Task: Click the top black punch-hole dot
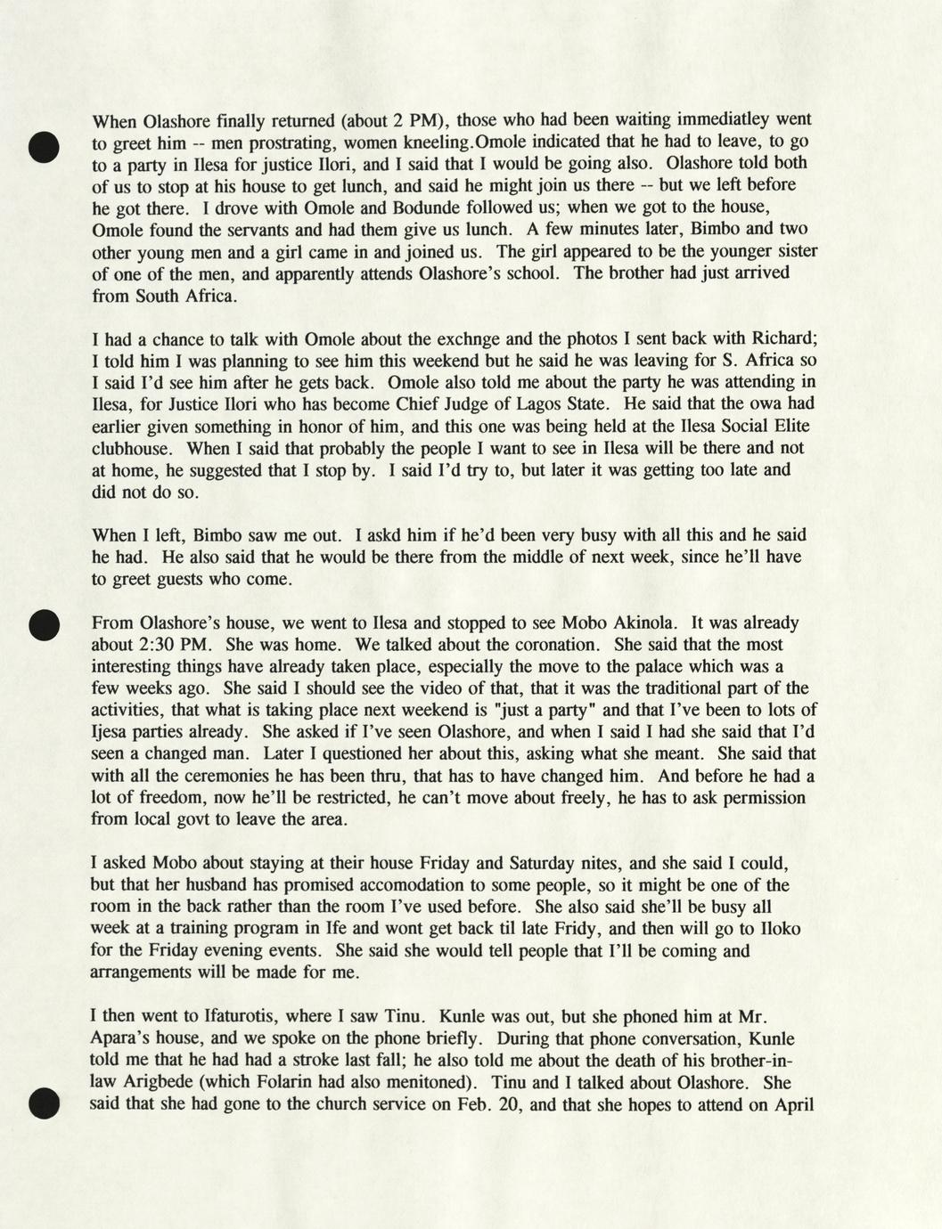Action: point(43,147)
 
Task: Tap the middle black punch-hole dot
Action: point(43,625)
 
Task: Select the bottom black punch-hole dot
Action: point(43,1103)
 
